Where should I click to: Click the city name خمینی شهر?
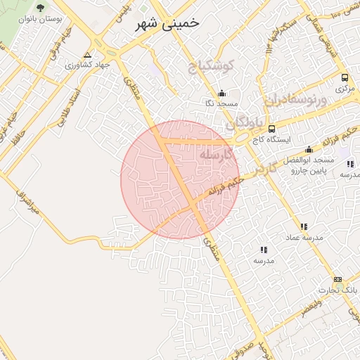pyautogui.click(x=167, y=22)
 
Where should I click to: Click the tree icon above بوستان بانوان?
pyautogui.click(x=40, y=7)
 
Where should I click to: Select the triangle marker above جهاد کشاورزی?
pyautogui.click(x=87, y=54)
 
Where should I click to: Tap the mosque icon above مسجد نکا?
pyautogui.click(x=222, y=93)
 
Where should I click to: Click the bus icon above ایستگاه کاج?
pyautogui.click(x=272, y=128)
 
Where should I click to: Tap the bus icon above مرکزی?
pyautogui.click(x=344, y=77)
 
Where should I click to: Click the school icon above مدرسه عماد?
pyautogui.click(x=304, y=226)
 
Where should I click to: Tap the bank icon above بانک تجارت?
pyautogui.click(x=338, y=279)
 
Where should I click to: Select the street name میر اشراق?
pyautogui.click(x=30, y=201)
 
